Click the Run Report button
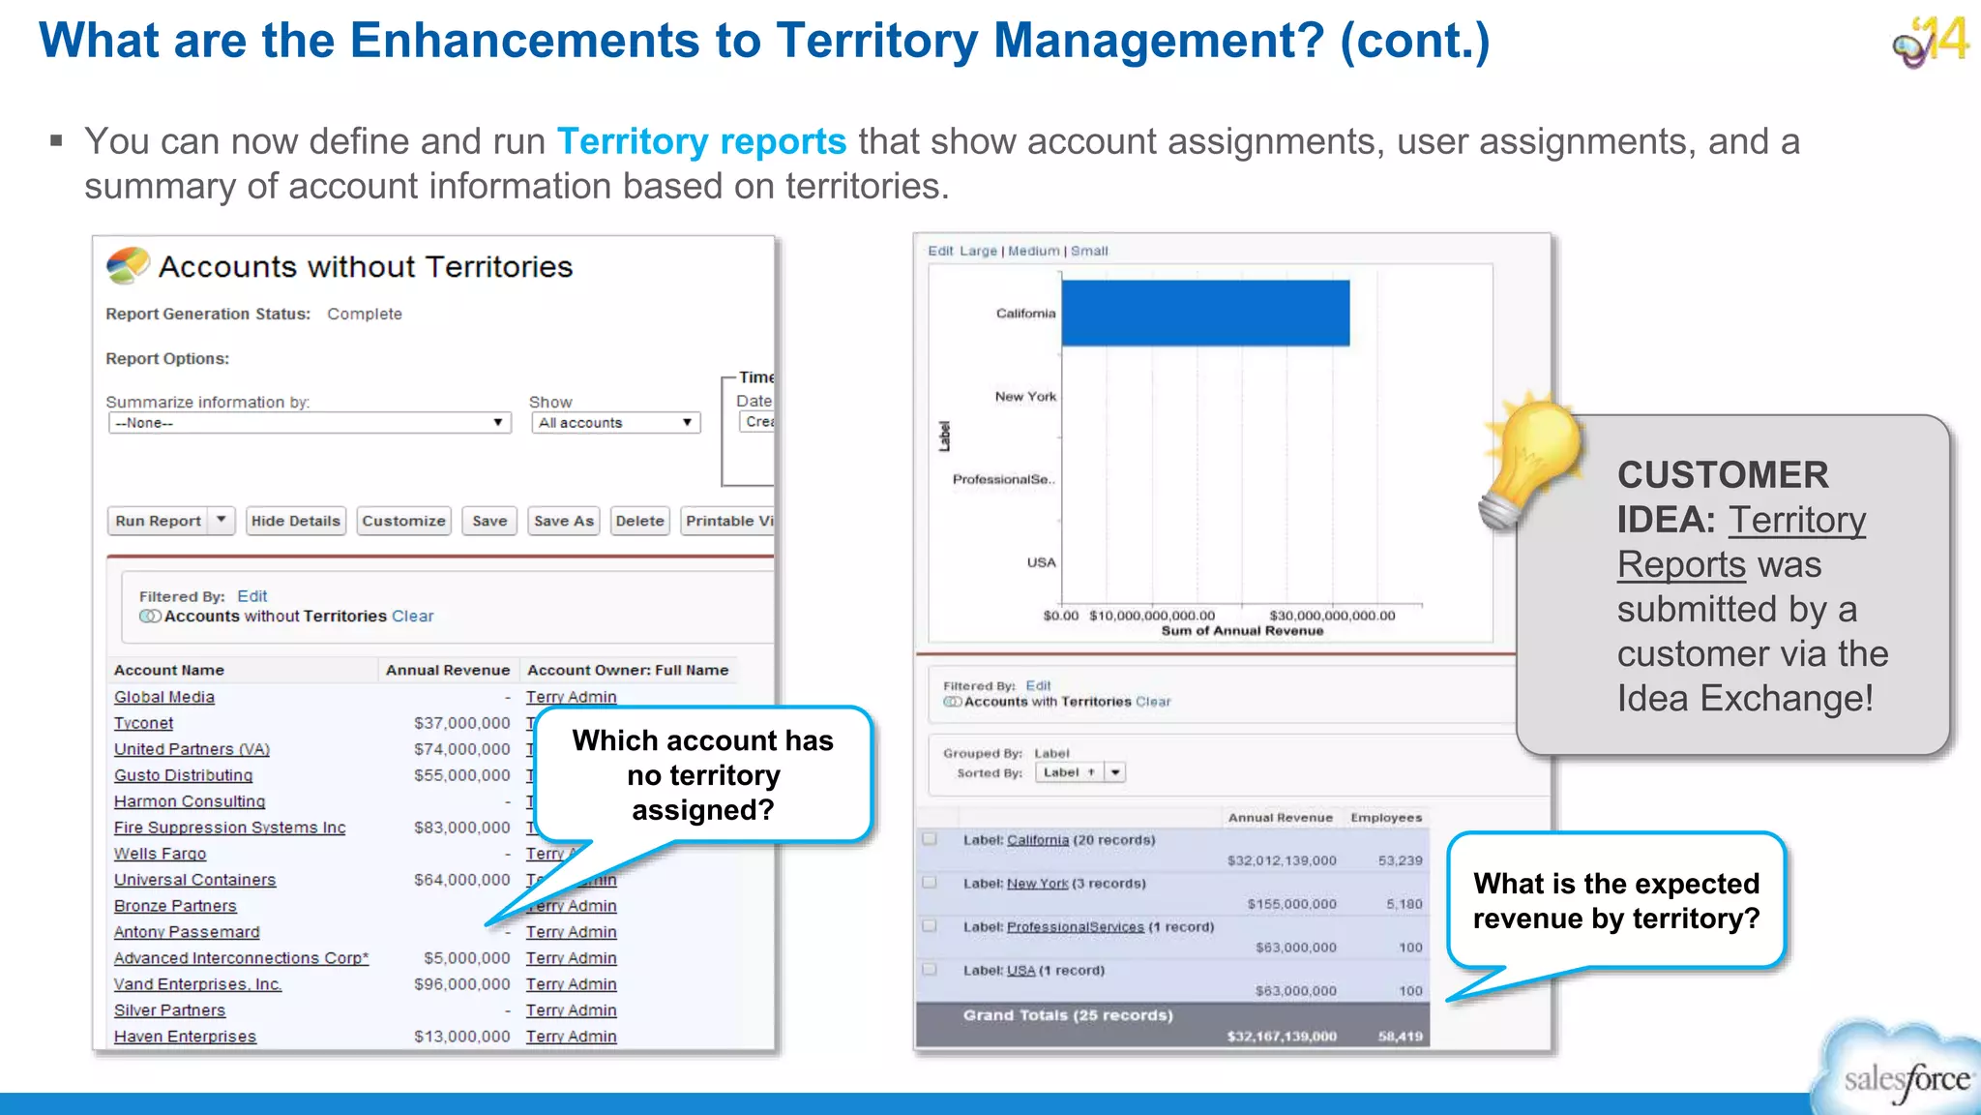point(159,521)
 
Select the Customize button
point(403,521)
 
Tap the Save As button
point(564,521)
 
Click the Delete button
point(639,521)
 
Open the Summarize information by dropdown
point(310,423)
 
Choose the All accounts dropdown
point(615,423)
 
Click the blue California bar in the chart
point(1205,313)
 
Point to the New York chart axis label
point(1025,397)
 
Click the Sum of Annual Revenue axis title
point(1242,631)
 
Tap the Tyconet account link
point(144,723)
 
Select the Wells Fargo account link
point(160,854)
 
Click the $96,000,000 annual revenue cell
point(461,984)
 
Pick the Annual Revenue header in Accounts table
point(447,670)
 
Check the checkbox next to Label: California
point(930,839)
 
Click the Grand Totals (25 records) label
point(1068,1015)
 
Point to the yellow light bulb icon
point(1533,455)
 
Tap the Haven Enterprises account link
point(185,1037)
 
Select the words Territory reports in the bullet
point(701,141)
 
